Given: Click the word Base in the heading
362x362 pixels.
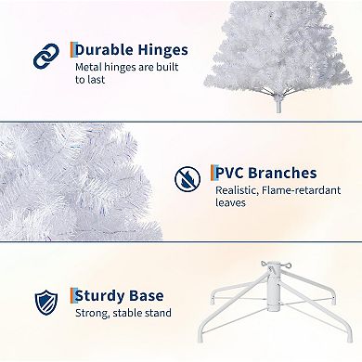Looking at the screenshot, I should click(158, 296).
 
